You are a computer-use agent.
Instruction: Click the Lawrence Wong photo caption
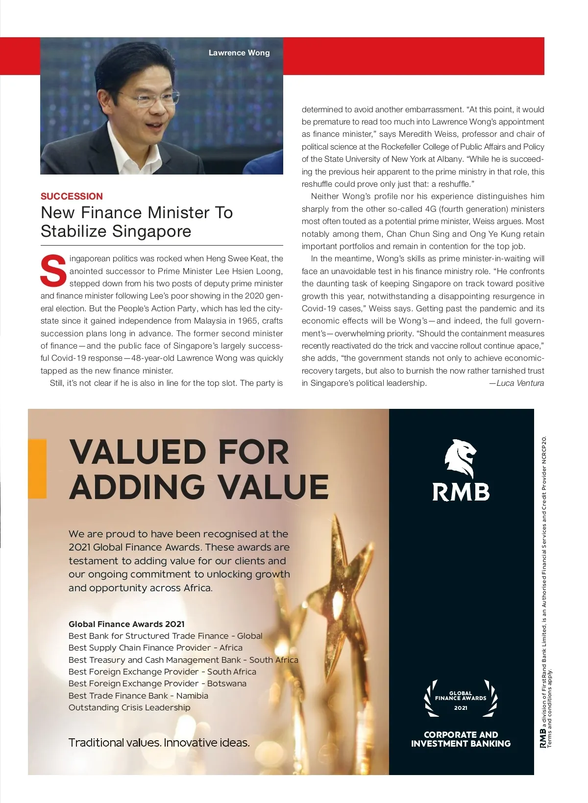coord(239,53)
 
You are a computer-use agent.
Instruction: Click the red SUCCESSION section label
coord(72,196)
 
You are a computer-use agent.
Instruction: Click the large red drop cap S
coord(53,270)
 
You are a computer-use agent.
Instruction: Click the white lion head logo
coord(460,458)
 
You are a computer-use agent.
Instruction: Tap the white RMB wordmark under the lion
coord(461,492)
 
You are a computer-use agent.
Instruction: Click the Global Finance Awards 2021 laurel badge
coord(461,699)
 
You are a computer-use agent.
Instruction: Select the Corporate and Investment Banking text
coord(461,739)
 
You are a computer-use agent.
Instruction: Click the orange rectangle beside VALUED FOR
coord(37,469)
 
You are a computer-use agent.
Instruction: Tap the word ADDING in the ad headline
coord(137,487)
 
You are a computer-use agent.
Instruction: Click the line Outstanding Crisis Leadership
coord(129,707)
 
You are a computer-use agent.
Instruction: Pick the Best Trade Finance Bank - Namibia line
coord(138,696)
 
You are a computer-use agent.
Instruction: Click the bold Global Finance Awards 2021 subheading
coord(126,624)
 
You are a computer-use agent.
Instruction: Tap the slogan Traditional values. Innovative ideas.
coord(159,743)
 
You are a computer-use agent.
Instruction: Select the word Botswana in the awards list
coord(226,683)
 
